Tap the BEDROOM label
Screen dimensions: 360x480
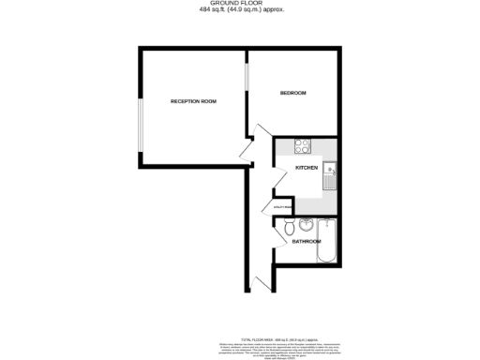(x=293, y=93)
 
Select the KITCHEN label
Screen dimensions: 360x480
(x=307, y=167)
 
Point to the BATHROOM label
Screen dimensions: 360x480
(x=306, y=242)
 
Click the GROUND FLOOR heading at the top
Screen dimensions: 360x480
(x=242, y=4)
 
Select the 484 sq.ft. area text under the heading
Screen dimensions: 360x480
(x=242, y=10)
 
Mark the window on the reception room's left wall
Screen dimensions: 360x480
(x=140, y=123)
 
